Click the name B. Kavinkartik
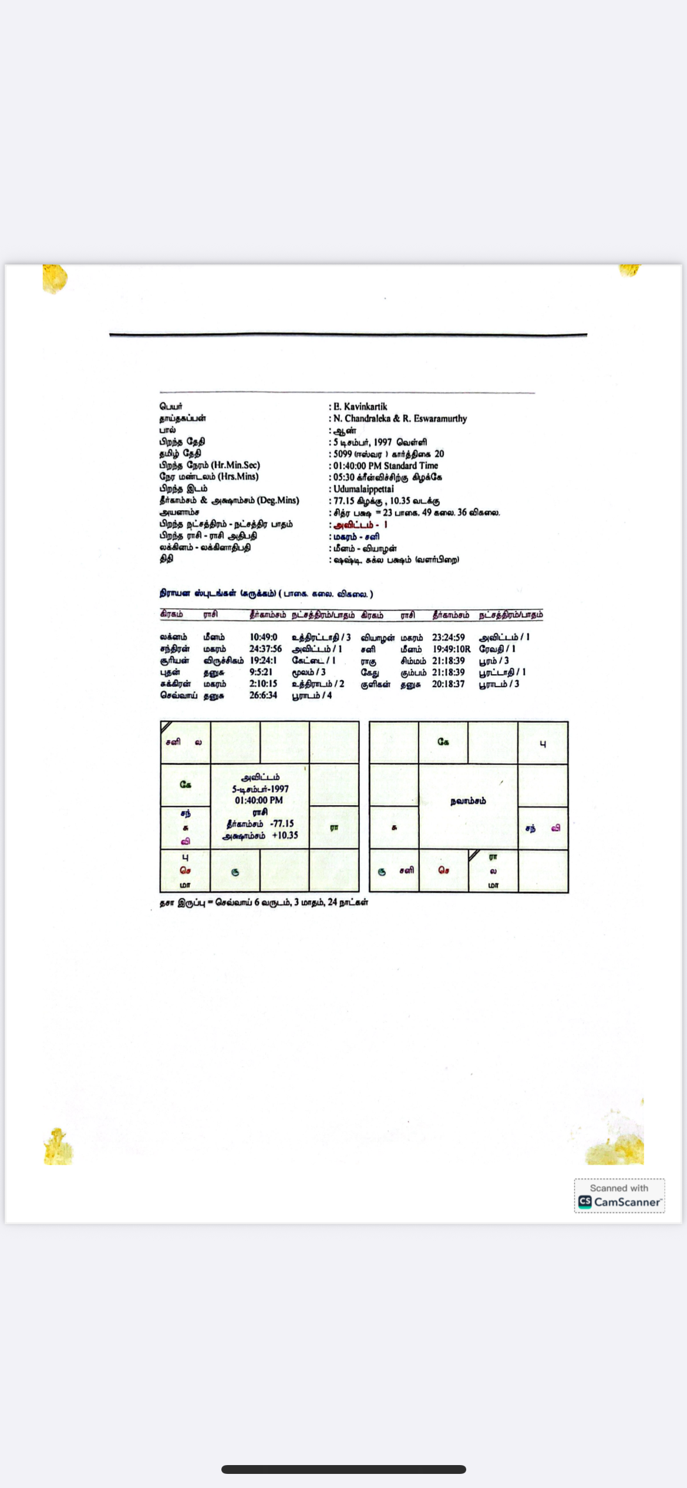coord(360,407)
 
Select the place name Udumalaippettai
coord(363,489)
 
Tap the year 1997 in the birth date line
coord(383,442)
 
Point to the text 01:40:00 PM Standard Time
coord(386,465)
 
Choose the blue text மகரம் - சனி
coord(356,536)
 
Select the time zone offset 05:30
coord(344,477)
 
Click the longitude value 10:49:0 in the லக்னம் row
coord(263,637)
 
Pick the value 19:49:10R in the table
coord(451,649)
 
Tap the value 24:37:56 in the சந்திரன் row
coord(265,649)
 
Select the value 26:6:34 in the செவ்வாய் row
coord(263,695)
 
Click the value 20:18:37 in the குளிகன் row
coord(448,684)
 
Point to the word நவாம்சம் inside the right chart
coord(468,801)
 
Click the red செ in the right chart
coord(443,871)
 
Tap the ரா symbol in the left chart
coord(334,827)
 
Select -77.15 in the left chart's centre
coord(282,823)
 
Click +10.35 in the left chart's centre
coord(285,835)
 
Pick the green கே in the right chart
coord(443,742)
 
